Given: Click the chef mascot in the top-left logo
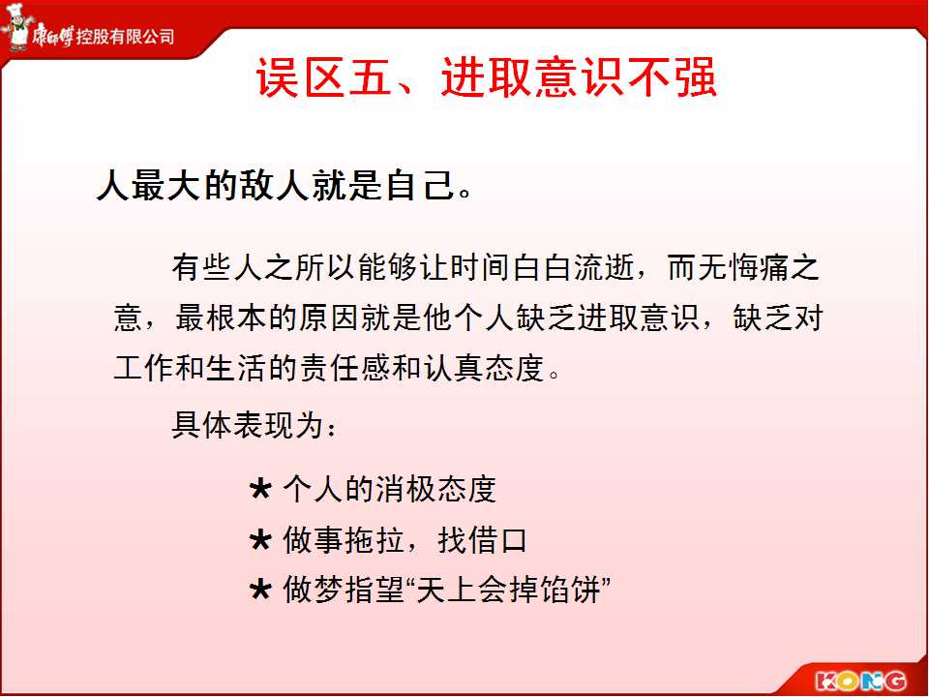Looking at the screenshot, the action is [x=16, y=27].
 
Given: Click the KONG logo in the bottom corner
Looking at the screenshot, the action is [x=861, y=680].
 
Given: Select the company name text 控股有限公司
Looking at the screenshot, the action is [x=126, y=37].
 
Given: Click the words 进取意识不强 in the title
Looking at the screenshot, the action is [x=579, y=77].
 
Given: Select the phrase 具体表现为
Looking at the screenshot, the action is [x=247, y=424].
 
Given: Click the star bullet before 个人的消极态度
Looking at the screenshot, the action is [x=260, y=490].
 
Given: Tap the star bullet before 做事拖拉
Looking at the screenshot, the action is [x=260, y=540].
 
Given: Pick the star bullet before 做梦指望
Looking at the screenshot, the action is [x=260, y=591].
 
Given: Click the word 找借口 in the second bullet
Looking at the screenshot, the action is [x=482, y=540].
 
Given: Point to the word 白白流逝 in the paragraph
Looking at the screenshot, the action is [x=574, y=267].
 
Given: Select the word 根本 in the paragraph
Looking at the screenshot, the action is [x=236, y=318].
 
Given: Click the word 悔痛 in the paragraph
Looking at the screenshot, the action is [x=759, y=267].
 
